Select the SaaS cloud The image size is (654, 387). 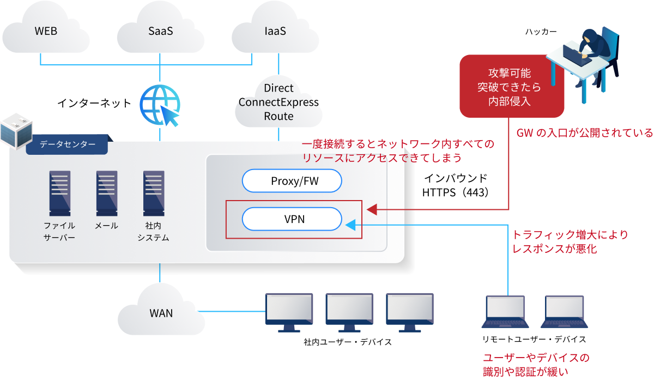click(x=161, y=31)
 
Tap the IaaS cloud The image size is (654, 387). click(x=275, y=31)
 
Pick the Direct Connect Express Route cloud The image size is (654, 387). click(x=278, y=102)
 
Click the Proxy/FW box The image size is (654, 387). click(x=292, y=181)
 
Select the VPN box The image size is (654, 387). click(x=292, y=219)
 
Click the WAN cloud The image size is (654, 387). click(x=161, y=312)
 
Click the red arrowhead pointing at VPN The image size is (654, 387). click(x=372, y=210)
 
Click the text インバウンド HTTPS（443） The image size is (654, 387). click(x=456, y=185)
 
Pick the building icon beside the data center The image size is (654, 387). click(x=16, y=131)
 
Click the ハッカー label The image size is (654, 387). click(x=541, y=32)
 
